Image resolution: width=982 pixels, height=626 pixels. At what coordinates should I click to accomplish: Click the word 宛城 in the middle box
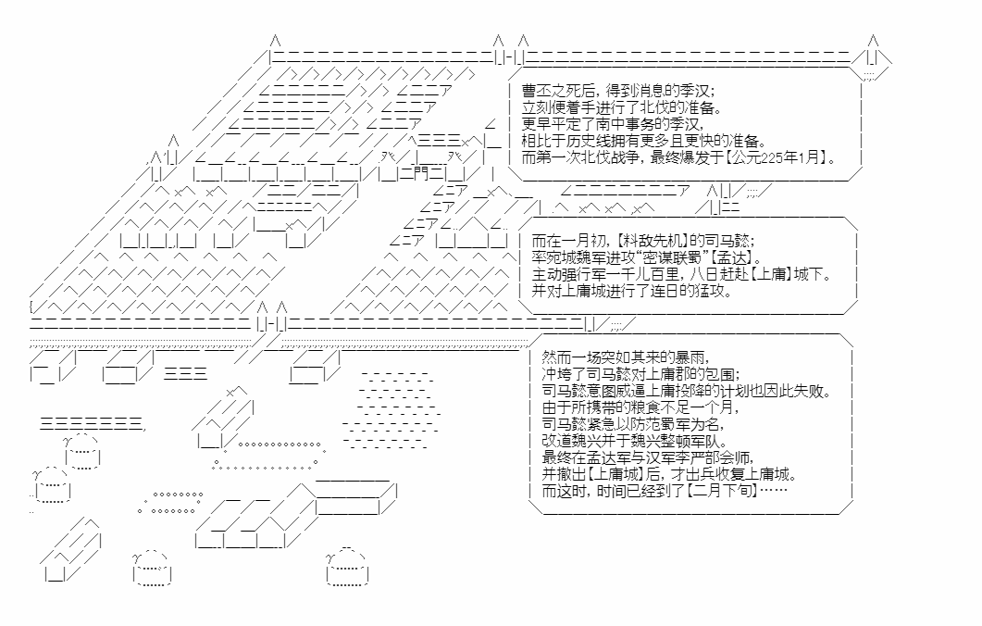tap(565, 257)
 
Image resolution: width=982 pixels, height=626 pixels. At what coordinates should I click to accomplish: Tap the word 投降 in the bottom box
tap(688, 391)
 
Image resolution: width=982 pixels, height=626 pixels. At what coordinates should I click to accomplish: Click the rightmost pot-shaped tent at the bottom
tap(347, 569)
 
